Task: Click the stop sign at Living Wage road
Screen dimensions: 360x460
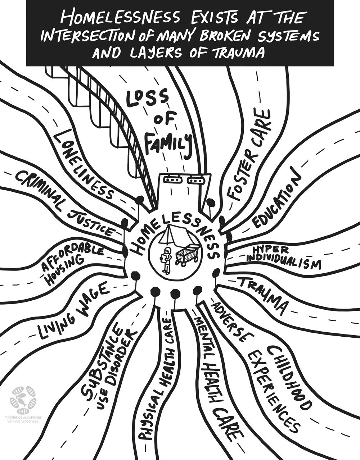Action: pyautogui.click(x=136, y=276)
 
